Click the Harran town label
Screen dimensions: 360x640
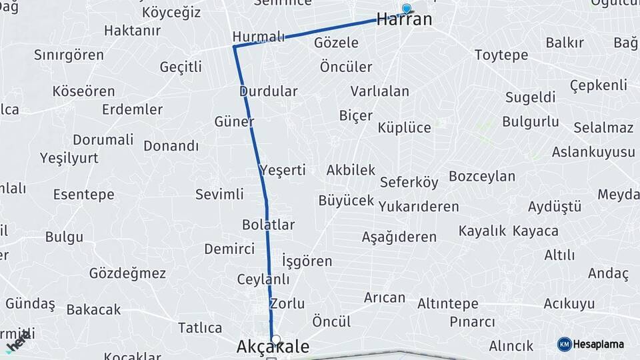coord(404,20)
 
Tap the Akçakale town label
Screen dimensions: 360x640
coord(273,347)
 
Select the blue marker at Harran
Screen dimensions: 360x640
coord(406,9)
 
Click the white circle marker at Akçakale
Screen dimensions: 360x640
coord(276,339)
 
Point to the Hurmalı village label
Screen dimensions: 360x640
coord(259,36)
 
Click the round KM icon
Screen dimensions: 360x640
coord(564,344)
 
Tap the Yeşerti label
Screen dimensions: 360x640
coord(283,170)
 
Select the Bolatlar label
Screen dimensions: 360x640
coord(268,225)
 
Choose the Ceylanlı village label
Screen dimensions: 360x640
coord(263,279)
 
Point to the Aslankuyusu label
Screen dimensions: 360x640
coord(593,152)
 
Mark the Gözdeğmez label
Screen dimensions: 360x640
coord(127,273)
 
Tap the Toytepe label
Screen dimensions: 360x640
coord(501,55)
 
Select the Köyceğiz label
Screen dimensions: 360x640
coord(171,13)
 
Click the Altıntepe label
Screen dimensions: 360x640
coord(447,304)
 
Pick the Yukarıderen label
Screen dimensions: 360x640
coord(419,207)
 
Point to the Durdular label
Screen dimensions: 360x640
coord(268,91)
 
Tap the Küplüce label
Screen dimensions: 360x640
coord(404,127)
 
